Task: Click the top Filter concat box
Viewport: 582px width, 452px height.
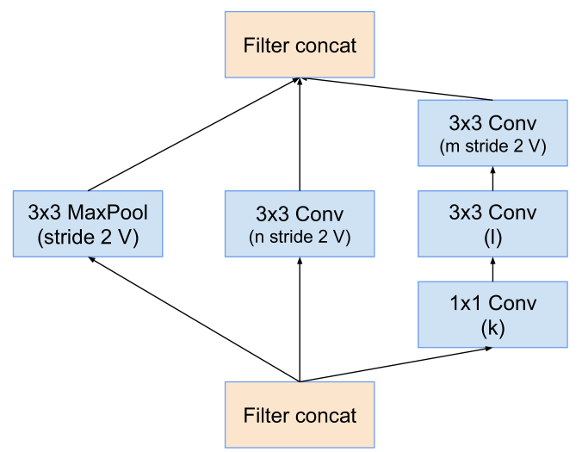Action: pyautogui.click(x=300, y=44)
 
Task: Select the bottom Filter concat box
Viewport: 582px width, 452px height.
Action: pyautogui.click(x=300, y=415)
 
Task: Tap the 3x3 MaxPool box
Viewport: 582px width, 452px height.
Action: pyautogui.click(x=88, y=224)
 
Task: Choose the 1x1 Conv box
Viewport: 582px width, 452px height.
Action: pyautogui.click(x=492, y=314)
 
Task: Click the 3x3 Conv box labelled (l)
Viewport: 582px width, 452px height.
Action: pyautogui.click(x=492, y=224)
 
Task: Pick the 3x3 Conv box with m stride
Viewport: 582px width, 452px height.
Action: pyautogui.click(x=492, y=133)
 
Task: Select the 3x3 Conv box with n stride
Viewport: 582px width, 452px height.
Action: pyautogui.click(x=300, y=224)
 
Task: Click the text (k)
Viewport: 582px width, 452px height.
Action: pyautogui.click(x=492, y=328)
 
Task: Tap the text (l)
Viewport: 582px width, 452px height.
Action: pyautogui.click(x=492, y=237)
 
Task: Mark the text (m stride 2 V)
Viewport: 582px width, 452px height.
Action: pyautogui.click(x=492, y=146)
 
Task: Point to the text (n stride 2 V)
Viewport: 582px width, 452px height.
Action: pyautogui.click(x=300, y=237)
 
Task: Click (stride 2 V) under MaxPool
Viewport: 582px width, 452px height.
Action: pyautogui.click(x=88, y=237)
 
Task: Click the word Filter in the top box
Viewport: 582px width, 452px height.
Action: pyautogui.click(x=267, y=45)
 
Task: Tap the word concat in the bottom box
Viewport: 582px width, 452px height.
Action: pyautogui.click(x=325, y=416)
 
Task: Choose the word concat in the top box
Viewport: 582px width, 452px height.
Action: pyautogui.click(x=325, y=45)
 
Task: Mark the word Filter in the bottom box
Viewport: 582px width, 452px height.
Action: pyautogui.click(x=267, y=416)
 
